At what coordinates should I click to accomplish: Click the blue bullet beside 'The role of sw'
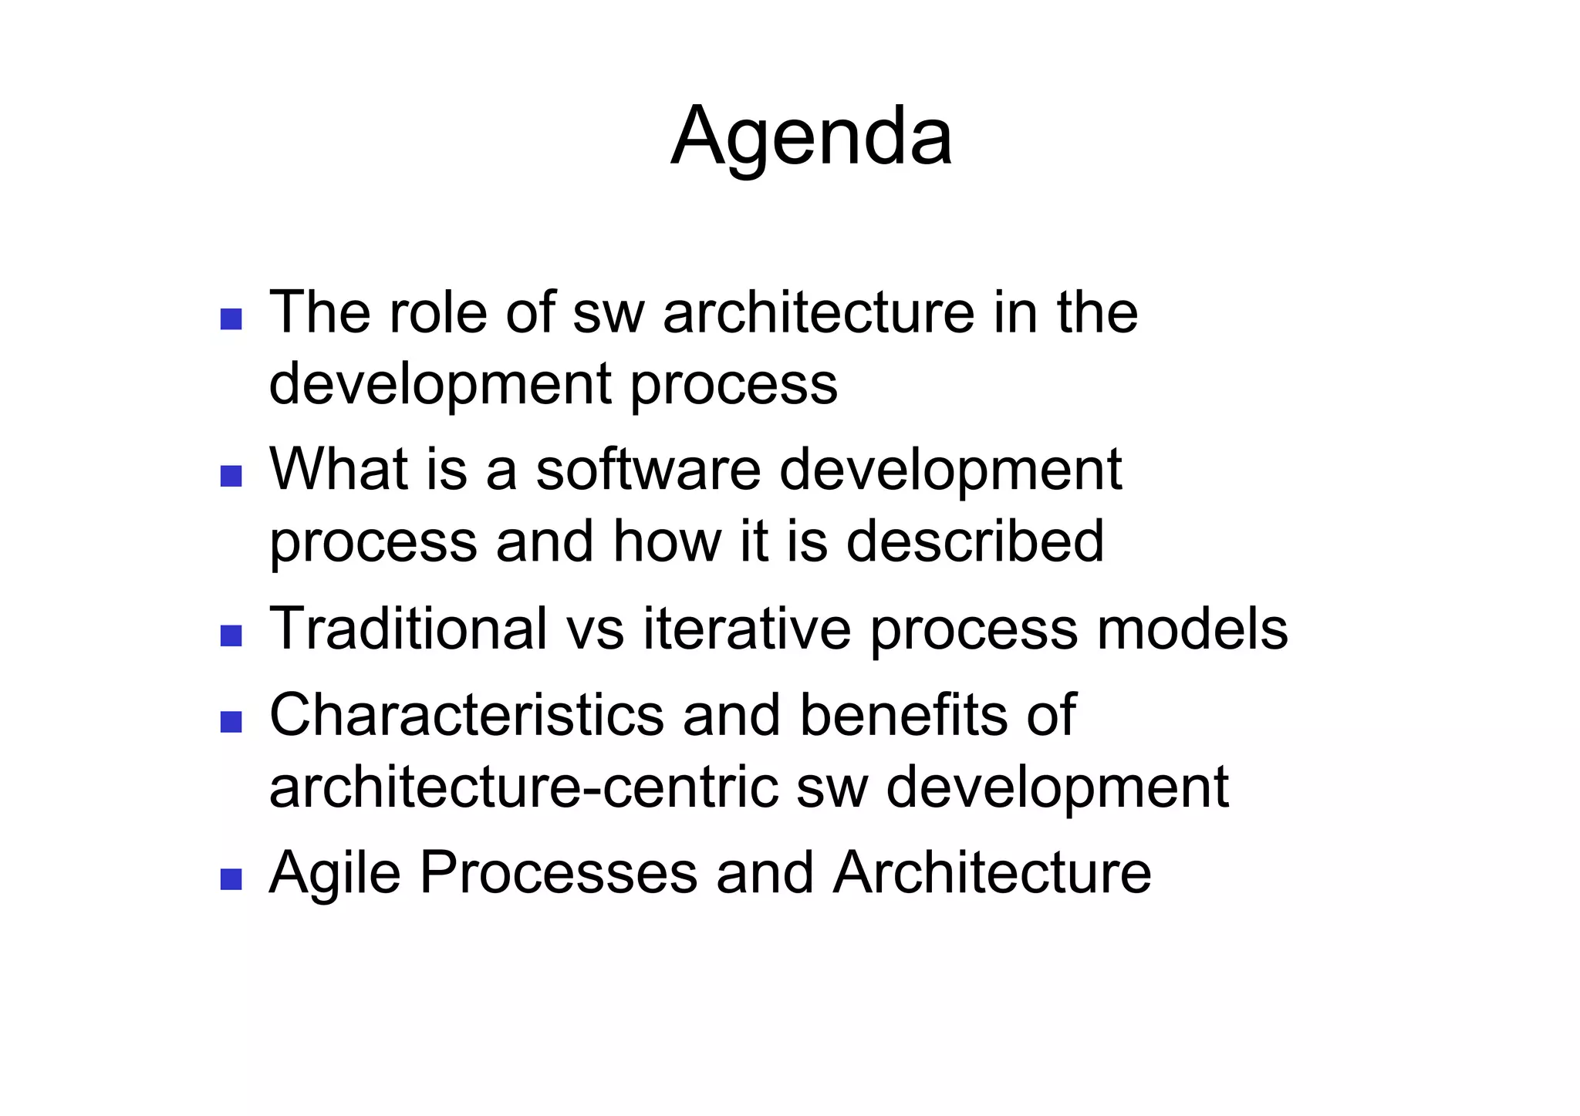(231, 319)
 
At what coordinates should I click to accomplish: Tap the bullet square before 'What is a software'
(231, 476)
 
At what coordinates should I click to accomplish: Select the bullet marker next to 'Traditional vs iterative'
(231, 636)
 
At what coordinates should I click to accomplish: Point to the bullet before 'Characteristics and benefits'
(231, 721)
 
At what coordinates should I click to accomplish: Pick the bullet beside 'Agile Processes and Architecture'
(231, 878)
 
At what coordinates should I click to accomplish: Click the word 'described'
(975, 541)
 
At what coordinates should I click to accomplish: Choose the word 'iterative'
(747, 629)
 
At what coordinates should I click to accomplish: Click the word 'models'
(1192, 629)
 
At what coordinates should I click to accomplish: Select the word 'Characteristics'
(466, 715)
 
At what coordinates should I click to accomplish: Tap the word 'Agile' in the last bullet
(335, 873)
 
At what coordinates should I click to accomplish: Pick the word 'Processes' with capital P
(558, 873)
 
